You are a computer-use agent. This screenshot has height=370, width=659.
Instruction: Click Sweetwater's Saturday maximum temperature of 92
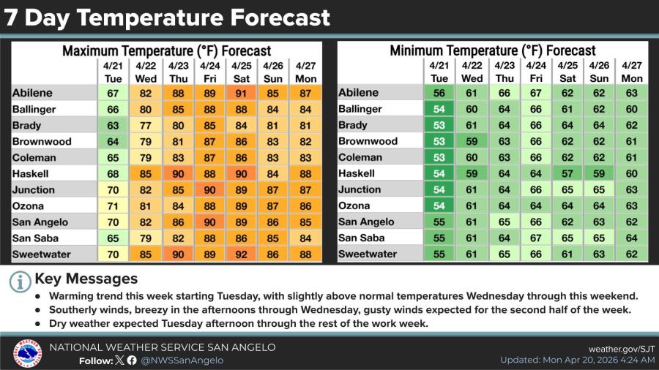pos(241,254)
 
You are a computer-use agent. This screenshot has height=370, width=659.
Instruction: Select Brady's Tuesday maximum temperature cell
pos(113,126)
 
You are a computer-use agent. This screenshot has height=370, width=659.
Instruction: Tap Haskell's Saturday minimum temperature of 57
pos(567,174)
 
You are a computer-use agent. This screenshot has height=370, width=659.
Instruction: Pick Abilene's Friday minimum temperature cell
pos(536,93)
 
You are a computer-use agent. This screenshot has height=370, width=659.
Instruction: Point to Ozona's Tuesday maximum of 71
pos(113,206)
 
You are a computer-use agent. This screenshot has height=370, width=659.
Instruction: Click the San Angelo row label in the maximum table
pos(40,222)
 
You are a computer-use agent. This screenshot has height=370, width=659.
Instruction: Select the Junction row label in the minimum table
pos(360,189)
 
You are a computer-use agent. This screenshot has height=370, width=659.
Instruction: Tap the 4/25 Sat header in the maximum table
pos(241,72)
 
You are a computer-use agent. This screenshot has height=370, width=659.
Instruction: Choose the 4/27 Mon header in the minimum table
pos(632,72)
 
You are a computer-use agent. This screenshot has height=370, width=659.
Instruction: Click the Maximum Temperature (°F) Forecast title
pos(166,51)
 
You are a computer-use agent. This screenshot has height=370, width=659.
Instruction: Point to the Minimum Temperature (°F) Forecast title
pos(493,50)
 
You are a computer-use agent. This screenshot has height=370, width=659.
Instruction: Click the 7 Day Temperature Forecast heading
pos(167,18)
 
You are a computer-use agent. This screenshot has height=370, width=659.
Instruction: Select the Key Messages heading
pos(86,279)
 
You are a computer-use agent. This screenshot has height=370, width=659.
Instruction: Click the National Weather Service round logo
pos(27,353)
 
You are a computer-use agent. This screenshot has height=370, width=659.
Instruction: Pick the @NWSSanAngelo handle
pos(182,360)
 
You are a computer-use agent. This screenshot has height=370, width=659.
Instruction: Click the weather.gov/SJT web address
pos(622,349)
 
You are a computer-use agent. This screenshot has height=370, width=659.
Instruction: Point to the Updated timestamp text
pos(578,360)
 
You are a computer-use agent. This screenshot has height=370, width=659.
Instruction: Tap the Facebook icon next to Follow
pos(132,360)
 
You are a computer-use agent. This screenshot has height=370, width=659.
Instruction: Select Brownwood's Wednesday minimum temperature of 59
pos(472,141)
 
